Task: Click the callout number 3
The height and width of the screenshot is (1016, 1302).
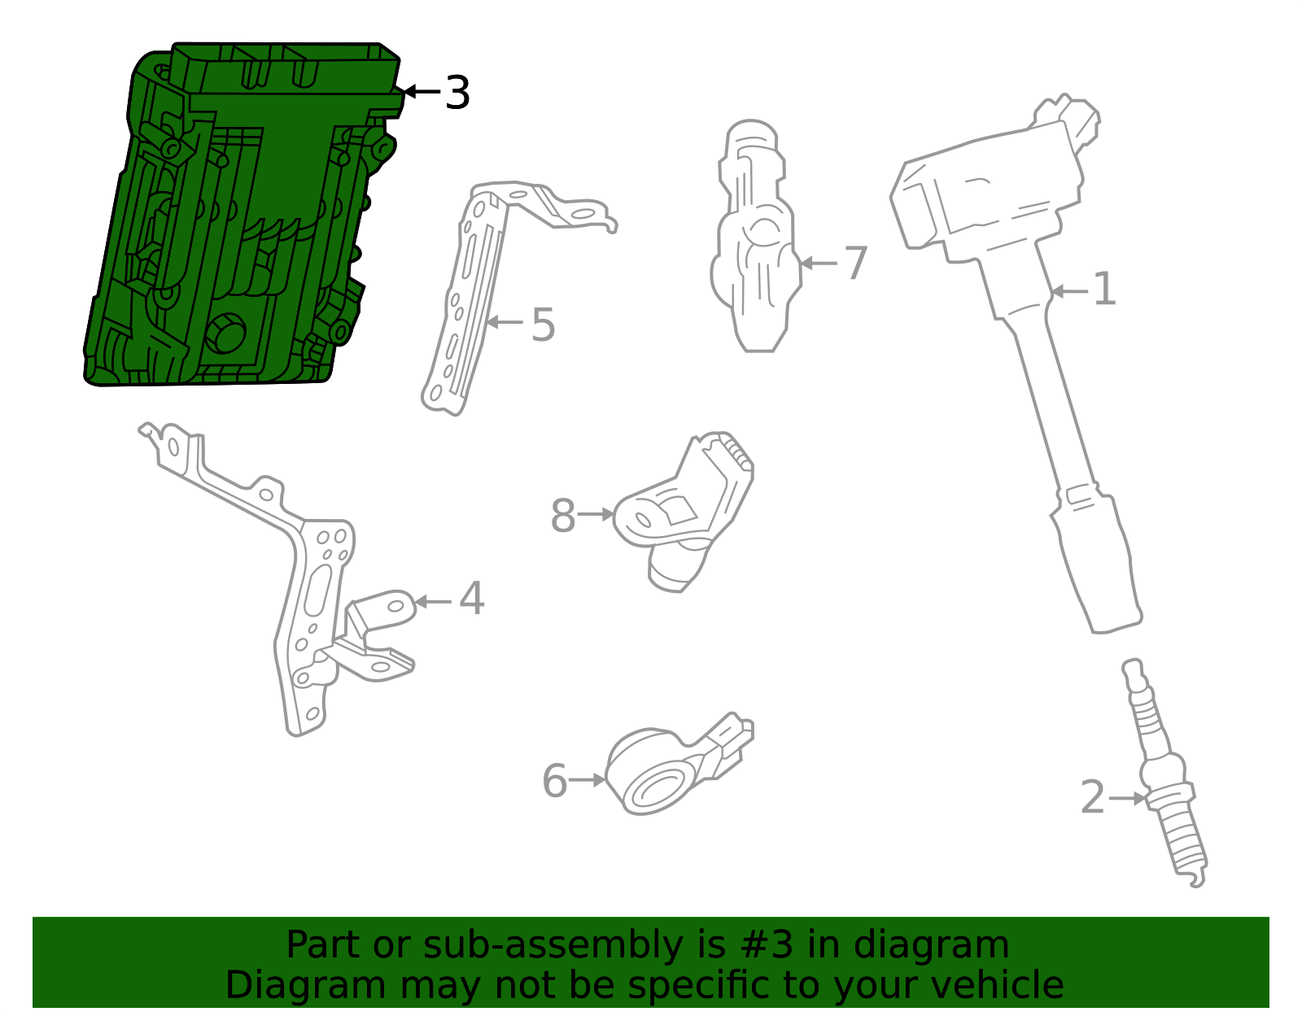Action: (457, 93)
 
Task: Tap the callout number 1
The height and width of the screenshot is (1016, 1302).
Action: (1104, 289)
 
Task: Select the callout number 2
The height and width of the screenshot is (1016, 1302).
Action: (1092, 797)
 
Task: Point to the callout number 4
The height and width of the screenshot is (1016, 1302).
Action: (471, 598)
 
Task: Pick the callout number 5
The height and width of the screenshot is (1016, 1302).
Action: (543, 325)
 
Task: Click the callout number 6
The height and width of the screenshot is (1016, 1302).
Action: (554, 781)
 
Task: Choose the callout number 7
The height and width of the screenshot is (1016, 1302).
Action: (855, 263)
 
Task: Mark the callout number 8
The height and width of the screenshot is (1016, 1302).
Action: (562, 516)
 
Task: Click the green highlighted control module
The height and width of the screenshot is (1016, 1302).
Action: (240, 216)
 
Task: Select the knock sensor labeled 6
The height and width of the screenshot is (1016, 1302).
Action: (677, 766)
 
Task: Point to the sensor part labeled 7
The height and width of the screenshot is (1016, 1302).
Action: (756, 237)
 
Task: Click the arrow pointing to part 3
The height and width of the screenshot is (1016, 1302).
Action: (422, 92)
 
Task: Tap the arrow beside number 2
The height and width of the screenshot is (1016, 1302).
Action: (1127, 798)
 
